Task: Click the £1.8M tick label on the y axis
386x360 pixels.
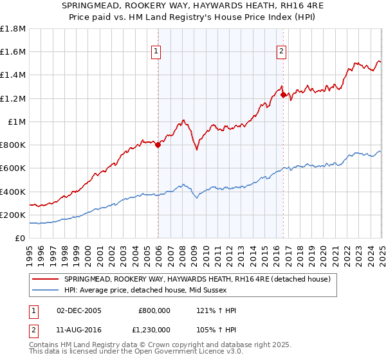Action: click(13, 29)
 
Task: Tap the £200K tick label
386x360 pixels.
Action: click(13, 215)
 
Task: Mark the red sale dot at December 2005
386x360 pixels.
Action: click(158, 145)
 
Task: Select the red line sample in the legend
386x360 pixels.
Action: click(45, 279)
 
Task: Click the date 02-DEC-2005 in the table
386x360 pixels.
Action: click(79, 310)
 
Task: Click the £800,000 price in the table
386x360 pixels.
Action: click(154, 310)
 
